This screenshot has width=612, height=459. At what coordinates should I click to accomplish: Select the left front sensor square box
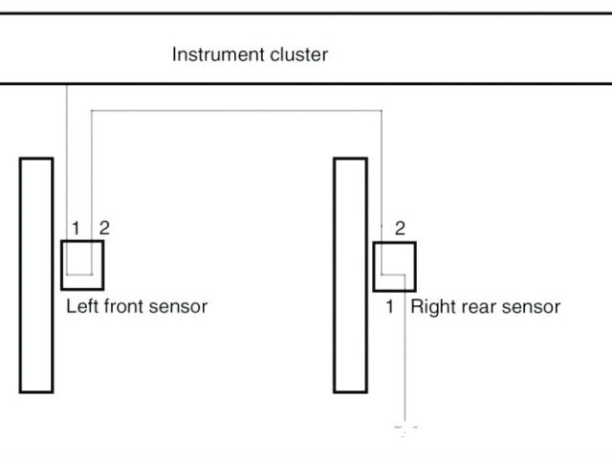(x=82, y=265)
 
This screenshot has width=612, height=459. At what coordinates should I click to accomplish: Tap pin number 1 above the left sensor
(x=75, y=228)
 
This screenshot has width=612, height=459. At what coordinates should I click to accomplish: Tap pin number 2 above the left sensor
(x=104, y=228)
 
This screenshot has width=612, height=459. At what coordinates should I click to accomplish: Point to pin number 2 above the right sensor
(x=400, y=228)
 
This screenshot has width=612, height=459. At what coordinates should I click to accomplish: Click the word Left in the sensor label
(x=80, y=307)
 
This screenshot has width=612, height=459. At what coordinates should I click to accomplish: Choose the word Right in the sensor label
(x=433, y=307)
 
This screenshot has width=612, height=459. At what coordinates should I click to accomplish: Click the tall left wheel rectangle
(x=36, y=275)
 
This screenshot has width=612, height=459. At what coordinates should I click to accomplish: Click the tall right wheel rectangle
(x=350, y=275)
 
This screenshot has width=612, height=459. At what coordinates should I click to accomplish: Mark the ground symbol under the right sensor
(x=406, y=431)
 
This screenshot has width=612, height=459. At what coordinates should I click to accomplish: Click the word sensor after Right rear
(x=531, y=308)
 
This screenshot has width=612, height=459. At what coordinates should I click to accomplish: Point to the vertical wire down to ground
(x=406, y=363)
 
